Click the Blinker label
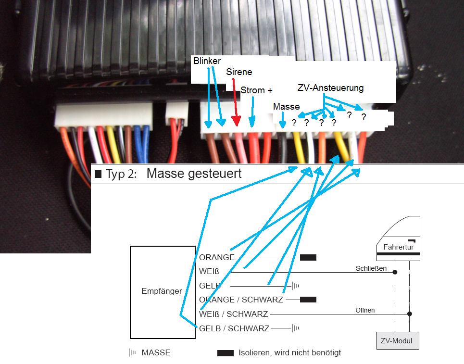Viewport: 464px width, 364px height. click(207, 61)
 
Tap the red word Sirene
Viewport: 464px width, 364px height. click(239, 72)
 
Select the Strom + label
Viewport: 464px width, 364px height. click(256, 90)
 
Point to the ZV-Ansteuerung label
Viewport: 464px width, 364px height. click(330, 88)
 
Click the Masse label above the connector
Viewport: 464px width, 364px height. click(286, 106)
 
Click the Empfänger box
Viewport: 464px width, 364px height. click(162, 291)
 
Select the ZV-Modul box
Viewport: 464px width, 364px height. click(398, 341)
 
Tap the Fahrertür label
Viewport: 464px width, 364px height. click(398, 248)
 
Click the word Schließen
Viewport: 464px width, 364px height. click(371, 268)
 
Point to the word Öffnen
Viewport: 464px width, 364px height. click(365, 310)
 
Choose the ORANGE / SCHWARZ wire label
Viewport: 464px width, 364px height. click(241, 300)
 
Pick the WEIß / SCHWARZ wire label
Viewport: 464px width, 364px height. click(234, 314)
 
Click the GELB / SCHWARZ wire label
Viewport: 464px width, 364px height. click(234, 329)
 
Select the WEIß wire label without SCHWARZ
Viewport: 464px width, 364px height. click(209, 272)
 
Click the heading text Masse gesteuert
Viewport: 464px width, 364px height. click(194, 174)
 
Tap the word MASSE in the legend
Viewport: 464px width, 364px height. click(156, 352)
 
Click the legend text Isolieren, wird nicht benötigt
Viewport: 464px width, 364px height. click(289, 352)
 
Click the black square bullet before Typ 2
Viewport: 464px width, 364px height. click(99, 174)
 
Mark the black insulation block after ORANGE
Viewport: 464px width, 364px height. click(308, 258)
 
